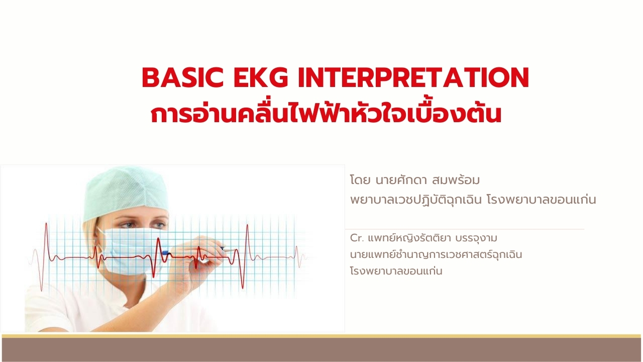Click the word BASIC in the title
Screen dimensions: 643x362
click(182, 77)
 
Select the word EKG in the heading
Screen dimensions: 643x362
click(261, 77)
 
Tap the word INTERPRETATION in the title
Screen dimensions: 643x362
click(413, 77)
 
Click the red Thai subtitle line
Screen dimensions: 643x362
click(326, 114)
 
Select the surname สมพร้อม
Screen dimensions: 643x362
click(455, 180)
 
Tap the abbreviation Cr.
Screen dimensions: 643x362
click(357, 238)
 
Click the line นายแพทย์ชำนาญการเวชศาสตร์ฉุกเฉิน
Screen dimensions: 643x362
click(436, 254)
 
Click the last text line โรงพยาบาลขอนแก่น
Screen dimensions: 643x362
click(396, 271)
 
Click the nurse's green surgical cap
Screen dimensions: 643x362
click(126, 193)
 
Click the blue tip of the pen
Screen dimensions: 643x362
click(166, 253)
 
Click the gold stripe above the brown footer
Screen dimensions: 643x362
click(321, 336)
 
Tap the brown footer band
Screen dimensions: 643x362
click(321, 349)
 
